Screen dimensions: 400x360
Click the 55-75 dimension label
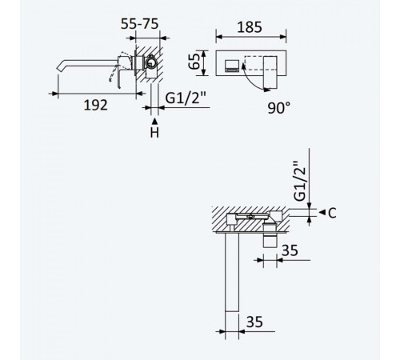click(x=139, y=24)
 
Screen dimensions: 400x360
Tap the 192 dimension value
click(x=95, y=105)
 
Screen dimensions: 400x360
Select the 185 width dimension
click(x=250, y=27)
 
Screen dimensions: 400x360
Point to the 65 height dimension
click(x=194, y=62)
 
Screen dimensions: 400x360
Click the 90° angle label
click(x=278, y=108)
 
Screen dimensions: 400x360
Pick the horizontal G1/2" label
click(x=186, y=98)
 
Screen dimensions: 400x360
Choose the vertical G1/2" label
click(x=300, y=181)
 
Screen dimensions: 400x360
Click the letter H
click(x=154, y=133)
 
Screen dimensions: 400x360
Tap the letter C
click(x=332, y=213)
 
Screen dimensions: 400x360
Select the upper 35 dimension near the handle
click(x=290, y=250)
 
